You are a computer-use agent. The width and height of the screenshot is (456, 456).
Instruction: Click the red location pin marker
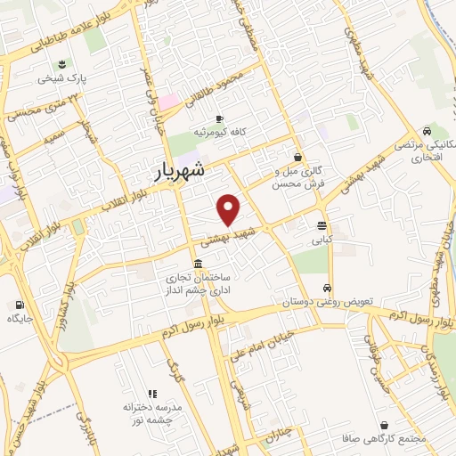(229, 208)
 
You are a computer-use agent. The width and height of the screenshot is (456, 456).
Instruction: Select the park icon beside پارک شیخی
(62, 63)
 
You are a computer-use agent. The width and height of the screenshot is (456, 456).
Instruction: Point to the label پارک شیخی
(62, 78)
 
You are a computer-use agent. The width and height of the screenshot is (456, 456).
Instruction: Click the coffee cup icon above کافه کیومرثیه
(219, 118)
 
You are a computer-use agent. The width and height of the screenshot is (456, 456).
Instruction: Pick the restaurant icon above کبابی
(321, 224)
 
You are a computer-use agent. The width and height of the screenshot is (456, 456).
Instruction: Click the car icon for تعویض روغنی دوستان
(329, 288)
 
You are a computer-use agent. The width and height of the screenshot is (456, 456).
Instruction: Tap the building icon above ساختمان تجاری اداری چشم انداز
(197, 264)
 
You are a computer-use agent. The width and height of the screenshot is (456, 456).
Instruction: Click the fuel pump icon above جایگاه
(20, 303)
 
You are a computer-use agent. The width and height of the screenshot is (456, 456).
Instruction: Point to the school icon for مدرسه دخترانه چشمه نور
(151, 393)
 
